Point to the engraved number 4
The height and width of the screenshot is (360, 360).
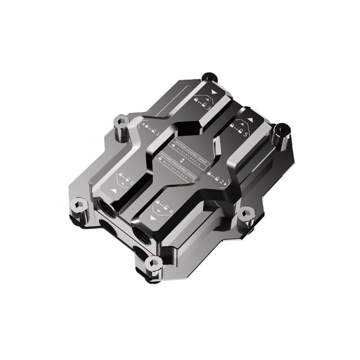click(x=171, y=211)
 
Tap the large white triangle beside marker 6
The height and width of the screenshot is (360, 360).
click(x=114, y=190)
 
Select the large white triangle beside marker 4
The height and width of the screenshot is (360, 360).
click(x=154, y=218)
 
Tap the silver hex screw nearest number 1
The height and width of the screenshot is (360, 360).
click(x=120, y=122)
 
